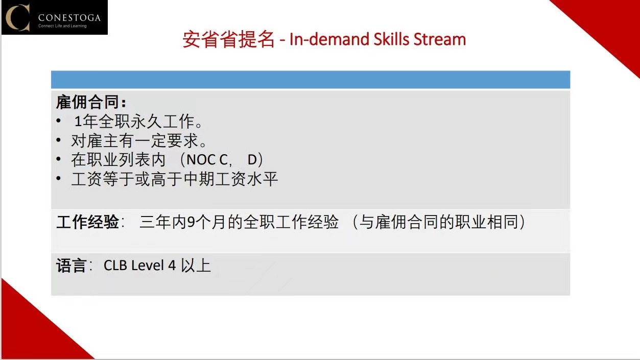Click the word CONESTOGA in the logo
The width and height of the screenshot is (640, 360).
(x=69, y=18)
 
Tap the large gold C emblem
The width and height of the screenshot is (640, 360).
(x=18, y=17)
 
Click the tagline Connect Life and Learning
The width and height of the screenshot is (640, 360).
(x=62, y=26)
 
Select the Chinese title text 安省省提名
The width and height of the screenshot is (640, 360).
(x=228, y=39)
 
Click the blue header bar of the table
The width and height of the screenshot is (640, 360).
(x=311, y=80)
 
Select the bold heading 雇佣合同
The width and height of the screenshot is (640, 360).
(x=87, y=102)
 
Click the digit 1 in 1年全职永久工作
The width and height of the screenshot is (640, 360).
(x=78, y=122)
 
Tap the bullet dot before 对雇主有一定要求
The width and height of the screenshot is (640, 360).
(x=59, y=140)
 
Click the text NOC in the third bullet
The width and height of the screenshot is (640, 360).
(x=201, y=160)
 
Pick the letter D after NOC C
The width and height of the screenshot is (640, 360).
(x=252, y=160)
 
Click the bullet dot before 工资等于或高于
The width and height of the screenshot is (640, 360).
(x=59, y=179)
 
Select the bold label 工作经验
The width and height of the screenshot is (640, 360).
(x=87, y=222)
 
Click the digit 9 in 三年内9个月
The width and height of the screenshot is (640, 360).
(x=191, y=222)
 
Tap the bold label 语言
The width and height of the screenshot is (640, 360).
(x=71, y=266)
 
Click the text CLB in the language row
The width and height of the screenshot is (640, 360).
(x=115, y=266)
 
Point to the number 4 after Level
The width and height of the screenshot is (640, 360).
(x=172, y=266)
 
